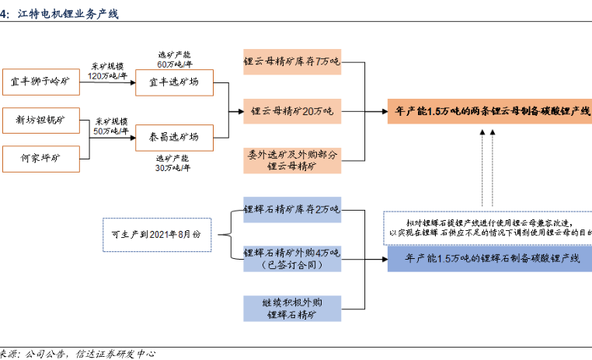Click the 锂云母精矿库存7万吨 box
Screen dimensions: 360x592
click(291, 61)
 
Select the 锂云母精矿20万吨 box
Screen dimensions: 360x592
click(291, 111)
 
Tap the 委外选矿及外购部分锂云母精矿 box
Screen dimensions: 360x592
click(291, 159)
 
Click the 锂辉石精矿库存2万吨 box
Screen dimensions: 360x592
click(291, 209)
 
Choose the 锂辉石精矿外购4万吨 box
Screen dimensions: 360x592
click(291, 258)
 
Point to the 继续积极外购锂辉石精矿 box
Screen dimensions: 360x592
click(291, 308)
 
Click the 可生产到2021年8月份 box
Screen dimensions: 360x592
click(156, 234)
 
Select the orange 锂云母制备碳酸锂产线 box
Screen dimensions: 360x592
click(488, 111)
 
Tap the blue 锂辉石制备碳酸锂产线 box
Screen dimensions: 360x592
click(488, 258)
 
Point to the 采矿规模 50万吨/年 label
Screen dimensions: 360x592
click(112, 127)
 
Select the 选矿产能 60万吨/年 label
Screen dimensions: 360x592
click(173, 59)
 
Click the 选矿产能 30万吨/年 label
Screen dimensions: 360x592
click(173, 163)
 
